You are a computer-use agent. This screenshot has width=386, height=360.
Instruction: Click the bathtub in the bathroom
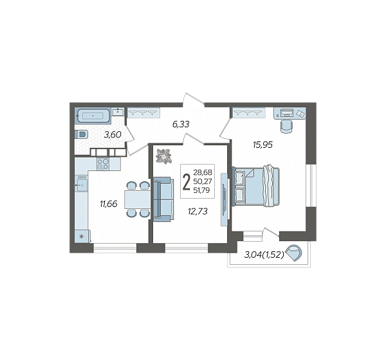[93, 116]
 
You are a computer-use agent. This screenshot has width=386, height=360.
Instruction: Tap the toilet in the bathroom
[81, 135]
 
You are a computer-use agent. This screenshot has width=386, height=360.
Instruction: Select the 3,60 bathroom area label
[113, 134]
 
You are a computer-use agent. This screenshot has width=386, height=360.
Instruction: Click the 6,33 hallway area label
[181, 125]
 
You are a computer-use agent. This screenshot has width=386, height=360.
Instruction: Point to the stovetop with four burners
[103, 164]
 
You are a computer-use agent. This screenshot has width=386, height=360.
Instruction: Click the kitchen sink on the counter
[81, 183]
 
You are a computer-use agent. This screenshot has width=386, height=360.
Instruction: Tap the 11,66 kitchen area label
[108, 204]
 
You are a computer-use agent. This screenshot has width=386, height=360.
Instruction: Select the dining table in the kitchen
[138, 199]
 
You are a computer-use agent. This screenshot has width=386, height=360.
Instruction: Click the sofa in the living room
[163, 199]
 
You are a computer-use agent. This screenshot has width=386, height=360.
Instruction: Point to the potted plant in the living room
[163, 156]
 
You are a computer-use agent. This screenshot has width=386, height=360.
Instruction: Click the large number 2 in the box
[187, 182]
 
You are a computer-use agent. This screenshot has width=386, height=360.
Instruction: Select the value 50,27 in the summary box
[203, 181]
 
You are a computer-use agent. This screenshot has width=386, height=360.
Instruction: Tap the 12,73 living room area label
[198, 211]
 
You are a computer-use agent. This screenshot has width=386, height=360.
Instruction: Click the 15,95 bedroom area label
[262, 145]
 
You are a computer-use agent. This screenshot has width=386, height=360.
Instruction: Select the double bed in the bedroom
[256, 186]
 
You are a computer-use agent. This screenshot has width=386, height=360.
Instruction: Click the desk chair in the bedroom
[287, 126]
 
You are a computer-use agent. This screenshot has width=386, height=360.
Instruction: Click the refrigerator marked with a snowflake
[82, 237]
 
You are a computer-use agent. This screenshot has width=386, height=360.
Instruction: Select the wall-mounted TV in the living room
[225, 199]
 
